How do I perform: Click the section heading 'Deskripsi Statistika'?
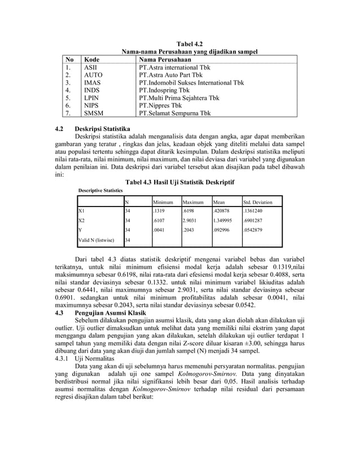103,129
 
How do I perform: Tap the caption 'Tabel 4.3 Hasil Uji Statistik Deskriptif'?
179,182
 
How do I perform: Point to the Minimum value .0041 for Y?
160,230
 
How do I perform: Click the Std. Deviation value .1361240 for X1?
254,211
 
